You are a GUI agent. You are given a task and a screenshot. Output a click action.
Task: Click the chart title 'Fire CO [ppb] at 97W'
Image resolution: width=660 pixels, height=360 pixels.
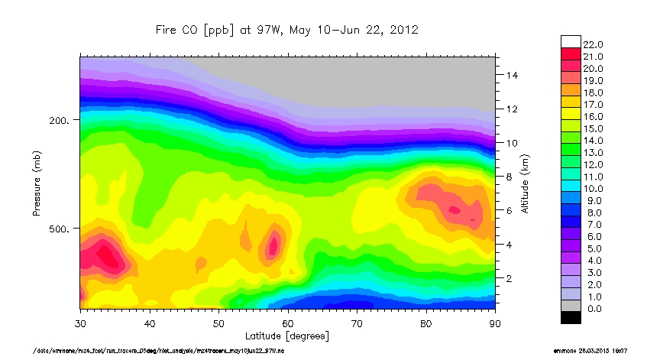click(x=286, y=30)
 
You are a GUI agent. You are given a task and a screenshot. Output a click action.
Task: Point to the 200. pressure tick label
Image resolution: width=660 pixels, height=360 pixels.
click(x=60, y=121)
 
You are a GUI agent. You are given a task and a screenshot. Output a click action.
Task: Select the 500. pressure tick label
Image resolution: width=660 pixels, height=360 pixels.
click(x=60, y=229)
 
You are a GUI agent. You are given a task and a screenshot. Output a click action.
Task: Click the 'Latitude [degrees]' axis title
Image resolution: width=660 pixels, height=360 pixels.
click(x=286, y=335)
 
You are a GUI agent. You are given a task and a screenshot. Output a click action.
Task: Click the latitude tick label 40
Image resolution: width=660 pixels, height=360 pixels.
click(x=150, y=323)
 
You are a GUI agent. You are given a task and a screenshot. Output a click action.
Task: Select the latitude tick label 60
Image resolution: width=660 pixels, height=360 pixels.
click(x=287, y=323)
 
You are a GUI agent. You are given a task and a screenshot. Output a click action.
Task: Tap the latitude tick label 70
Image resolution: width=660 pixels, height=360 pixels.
click(x=357, y=323)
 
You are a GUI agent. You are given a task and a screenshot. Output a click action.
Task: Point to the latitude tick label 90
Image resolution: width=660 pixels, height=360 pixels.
click(x=494, y=323)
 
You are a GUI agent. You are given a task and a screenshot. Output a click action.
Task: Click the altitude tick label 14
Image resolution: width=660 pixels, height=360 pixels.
click(x=512, y=76)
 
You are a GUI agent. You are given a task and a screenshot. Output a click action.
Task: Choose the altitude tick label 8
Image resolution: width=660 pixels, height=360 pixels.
click(x=509, y=177)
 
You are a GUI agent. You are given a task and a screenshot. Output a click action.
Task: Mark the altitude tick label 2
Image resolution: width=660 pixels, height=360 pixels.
click(x=509, y=278)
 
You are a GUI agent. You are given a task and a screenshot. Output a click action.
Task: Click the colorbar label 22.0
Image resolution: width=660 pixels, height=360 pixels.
click(x=594, y=44)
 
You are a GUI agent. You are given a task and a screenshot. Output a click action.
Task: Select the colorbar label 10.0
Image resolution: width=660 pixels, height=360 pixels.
click(x=594, y=187)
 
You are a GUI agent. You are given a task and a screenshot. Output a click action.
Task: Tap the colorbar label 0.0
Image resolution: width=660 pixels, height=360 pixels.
click(x=592, y=306)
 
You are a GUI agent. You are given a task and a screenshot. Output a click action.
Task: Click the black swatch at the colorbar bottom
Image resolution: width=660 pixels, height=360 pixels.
click(x=571, y=317)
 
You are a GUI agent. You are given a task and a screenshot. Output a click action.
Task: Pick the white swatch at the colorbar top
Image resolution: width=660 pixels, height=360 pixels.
click(x=571, y=42)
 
